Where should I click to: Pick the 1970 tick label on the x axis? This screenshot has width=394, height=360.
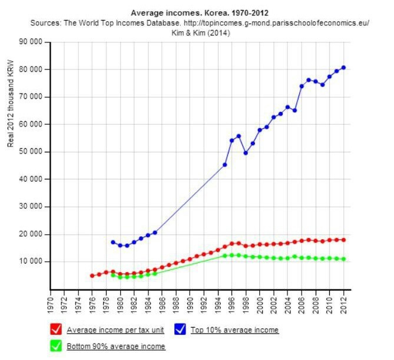[51, 302]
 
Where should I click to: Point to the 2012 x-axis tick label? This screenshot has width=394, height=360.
[344, 302]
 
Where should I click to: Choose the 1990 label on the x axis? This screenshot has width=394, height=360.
[190, 302]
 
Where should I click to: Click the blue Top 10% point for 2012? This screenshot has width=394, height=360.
[344, 68]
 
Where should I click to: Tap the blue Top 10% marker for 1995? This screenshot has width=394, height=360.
[225, 165]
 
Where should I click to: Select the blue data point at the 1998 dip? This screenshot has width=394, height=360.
[246, 153]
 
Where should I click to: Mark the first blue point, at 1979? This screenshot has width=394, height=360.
[113, 242]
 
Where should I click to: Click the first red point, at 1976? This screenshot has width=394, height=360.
[92, 275]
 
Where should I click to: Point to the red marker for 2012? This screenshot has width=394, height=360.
[344, 240]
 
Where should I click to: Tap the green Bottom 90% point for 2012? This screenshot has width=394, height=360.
[344, 259]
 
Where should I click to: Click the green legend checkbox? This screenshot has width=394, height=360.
[57, 346]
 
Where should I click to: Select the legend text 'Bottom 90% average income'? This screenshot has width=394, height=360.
[116, 346]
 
